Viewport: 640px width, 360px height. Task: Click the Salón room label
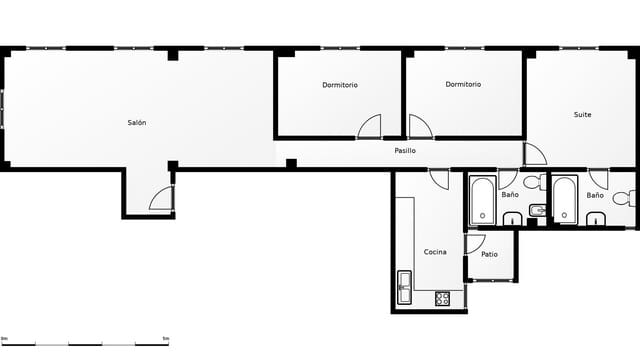pyautogui.click(x=137, y=123)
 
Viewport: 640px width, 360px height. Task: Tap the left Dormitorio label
pyautogui.click(x=340, y=85)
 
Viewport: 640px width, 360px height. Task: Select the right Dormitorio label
pyautogui.click(x=463, y=85)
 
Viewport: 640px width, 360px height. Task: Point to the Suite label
pyautogui.click(x=582, y=115)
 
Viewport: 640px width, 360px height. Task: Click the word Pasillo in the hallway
pyautogui.click(x=405, y=151)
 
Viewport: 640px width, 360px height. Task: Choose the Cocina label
pyautogui.click(x=435, y=252)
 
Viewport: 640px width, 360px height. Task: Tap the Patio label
pyautogui.click(x=489, y=255)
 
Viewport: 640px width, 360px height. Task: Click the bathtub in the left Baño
pyautogui.click(x=482, y=200)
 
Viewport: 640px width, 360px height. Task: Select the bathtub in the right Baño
pyautogui.click(x=565, y=200)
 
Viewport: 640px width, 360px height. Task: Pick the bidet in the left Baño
pyautogui.click(x=536, y=210)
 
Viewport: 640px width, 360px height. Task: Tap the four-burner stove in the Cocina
pyautogui.click(x=442, y=298)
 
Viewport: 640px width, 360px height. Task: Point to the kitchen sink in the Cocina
pyautogui.click(x=404, y=288)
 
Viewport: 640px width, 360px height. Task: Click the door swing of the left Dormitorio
pyautogui.click(x=370, y=127)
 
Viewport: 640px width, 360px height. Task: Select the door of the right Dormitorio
pyautogui.click(x=419, y=127)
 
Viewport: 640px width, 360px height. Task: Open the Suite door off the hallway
pyautogui.click(x=534, y=154)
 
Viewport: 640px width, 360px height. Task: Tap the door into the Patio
pyautogui.click(x=474, y=243)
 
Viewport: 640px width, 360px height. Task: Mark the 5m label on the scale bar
pyautogui.click(x=165, y=339)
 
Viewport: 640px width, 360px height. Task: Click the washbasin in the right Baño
pyautogui.click(x=596, y=220)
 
